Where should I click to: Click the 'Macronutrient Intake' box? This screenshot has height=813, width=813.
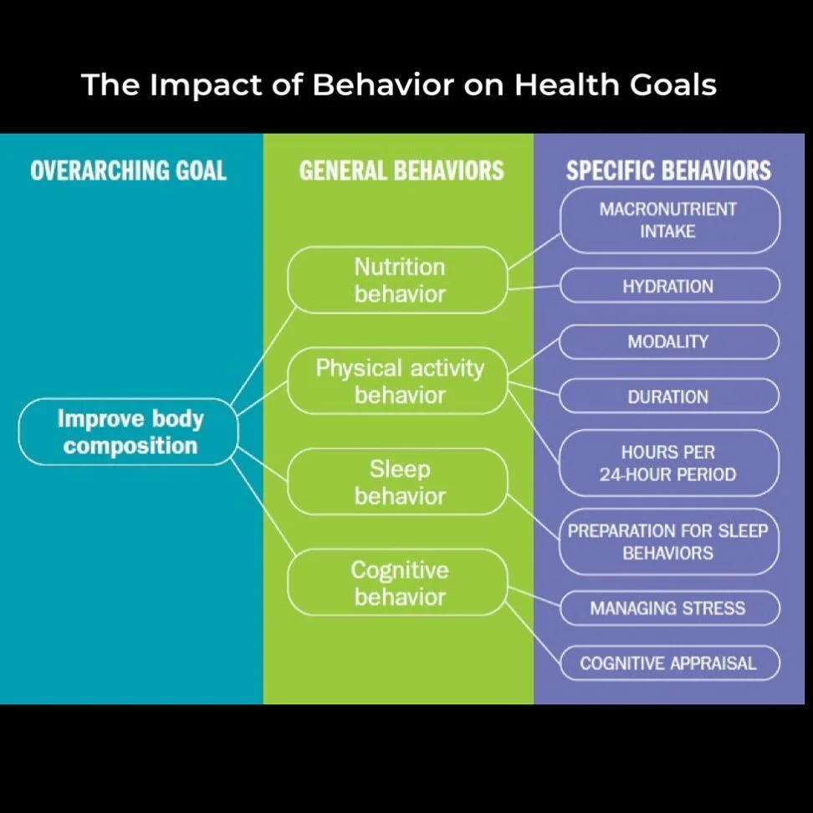click(x=669, y=220)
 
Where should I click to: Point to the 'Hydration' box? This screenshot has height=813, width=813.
click(x=669, y=286)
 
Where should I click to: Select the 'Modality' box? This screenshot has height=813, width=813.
click(x=669, y=341)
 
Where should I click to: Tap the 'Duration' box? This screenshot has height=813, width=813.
click(x=669, y=396)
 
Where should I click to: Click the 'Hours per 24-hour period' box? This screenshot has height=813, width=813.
click(x=669, y=463)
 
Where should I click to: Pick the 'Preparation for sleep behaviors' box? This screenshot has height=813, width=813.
click(x=669, y=541)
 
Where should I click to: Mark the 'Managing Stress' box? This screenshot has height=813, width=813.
click(x=669, y=608)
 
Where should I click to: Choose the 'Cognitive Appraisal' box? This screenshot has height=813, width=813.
click(x=669, y=663)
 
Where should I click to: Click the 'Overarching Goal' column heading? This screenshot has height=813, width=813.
click(x=128, y=171)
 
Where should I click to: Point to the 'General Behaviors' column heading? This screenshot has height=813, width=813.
click(x=401, y=171)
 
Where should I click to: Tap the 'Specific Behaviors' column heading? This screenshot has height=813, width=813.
click(x=668, y=171)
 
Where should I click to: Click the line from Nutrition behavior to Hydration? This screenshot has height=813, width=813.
click(x=534, y=287)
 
